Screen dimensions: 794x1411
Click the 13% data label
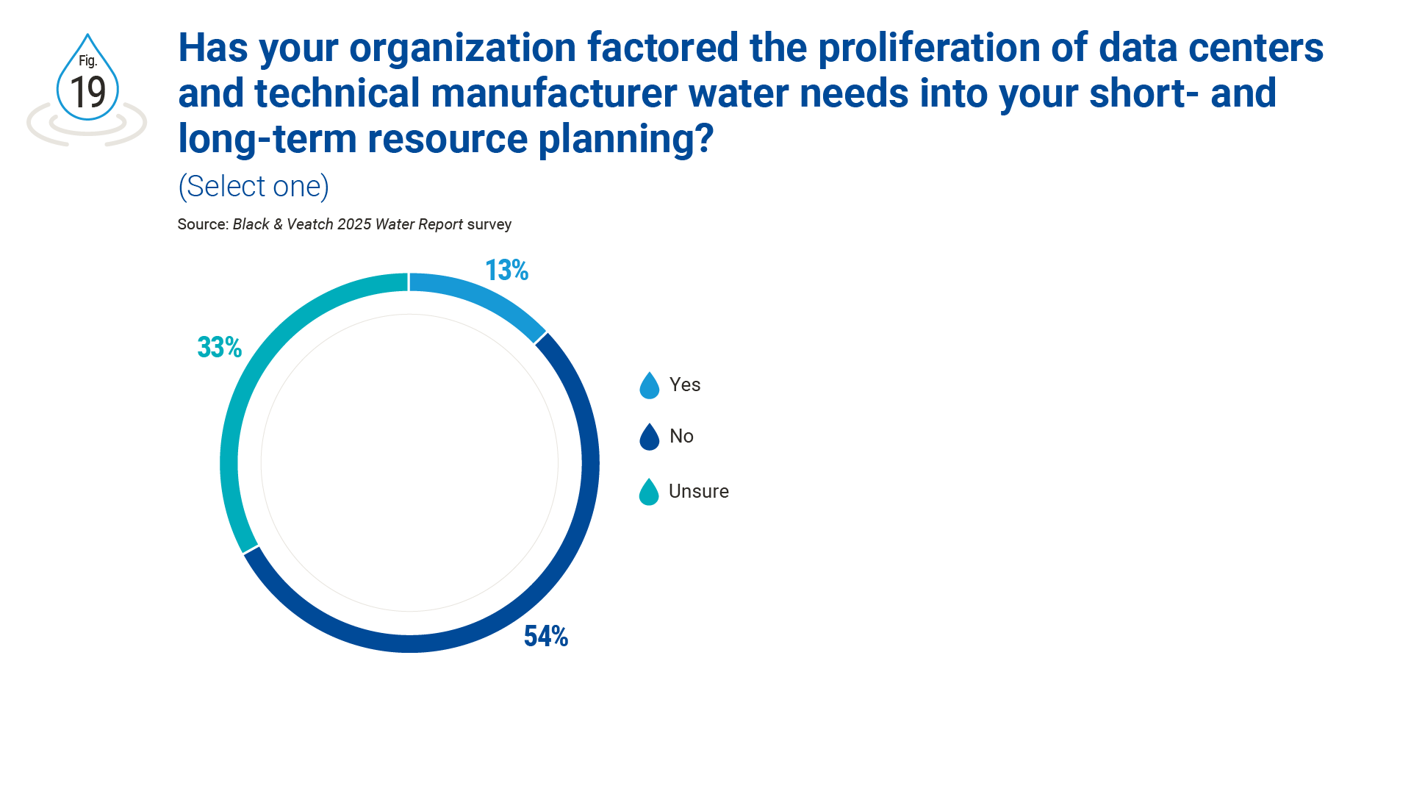[506, 271]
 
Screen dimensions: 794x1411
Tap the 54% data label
[545, 637]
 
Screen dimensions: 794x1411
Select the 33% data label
[219, 347]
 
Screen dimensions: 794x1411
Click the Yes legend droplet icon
[650, 385]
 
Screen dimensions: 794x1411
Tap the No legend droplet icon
[650, 437]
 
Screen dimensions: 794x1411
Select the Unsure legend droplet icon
[649, 492]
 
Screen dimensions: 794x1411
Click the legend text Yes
[685, 385]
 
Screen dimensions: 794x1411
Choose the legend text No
[681, 436]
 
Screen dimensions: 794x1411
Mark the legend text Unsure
[699, 491]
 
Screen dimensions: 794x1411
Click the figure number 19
[88, 93]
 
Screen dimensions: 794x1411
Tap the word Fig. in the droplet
[88, 61]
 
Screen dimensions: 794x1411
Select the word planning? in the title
[626, 140]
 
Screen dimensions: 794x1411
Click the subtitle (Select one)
[254, 187]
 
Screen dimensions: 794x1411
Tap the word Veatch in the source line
[309, 224]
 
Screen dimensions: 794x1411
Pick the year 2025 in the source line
[354, 224]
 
